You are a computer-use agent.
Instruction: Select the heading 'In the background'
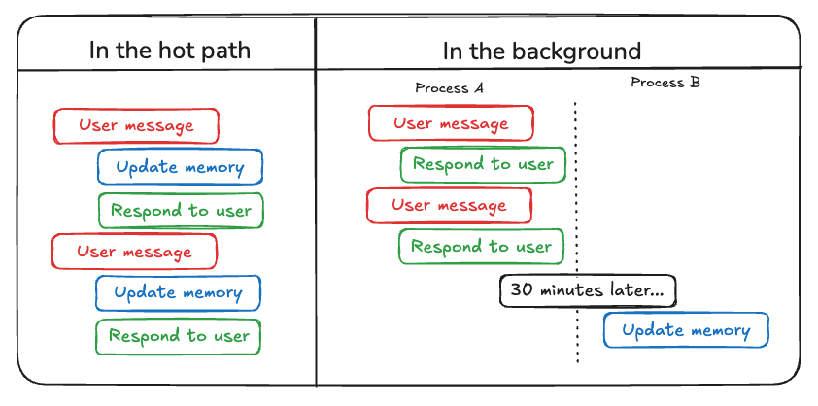tap(542, 50)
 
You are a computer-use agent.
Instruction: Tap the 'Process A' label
tap(449, 88)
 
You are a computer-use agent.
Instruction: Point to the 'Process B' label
tap(665, 83)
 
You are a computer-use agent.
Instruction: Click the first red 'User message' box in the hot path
tap(136, 126)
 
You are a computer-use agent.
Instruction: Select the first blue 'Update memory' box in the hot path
tap(180, 167)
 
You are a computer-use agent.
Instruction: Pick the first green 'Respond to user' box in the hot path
tap(181, 211)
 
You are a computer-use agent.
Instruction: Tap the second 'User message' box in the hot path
tap(134, 252)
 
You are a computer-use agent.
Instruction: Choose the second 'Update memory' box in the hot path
tap(178, 292)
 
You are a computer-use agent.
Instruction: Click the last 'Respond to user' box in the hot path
tap(179, 337)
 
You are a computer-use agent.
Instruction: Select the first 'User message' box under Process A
tap(451, 123)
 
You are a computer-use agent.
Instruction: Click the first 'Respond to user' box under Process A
tap(483, 164)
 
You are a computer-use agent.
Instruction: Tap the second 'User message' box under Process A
tap(449, 206)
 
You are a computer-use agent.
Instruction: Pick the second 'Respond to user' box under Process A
tap(481, 247)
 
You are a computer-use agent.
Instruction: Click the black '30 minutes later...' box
tap(588, 290)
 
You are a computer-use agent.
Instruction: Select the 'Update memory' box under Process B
tap(686, 330)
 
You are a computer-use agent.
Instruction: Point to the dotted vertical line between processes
tap(577, 194)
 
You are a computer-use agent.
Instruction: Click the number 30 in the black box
tap(522, 290)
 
